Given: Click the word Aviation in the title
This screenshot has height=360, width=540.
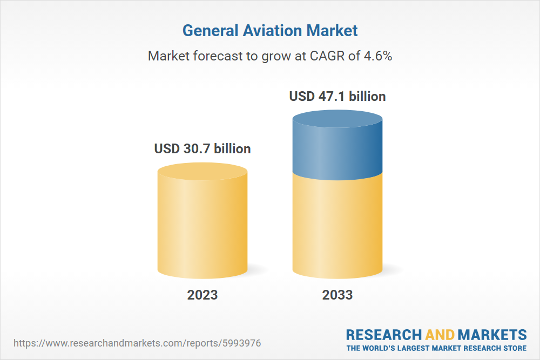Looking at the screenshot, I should tap(275, 30).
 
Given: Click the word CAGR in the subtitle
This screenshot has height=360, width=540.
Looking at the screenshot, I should tap(327, 56).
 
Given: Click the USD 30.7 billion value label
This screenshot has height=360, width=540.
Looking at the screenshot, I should tap(202, 148).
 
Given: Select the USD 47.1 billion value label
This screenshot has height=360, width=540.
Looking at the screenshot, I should tap(337, 97).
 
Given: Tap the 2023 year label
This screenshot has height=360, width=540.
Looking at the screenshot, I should tap(202, 295).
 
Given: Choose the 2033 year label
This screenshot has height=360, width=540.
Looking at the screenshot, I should tap(337, 295).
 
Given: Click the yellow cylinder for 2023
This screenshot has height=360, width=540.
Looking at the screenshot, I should tap(202, 227).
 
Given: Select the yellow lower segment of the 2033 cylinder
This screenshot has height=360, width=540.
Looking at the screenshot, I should tap(337, 227).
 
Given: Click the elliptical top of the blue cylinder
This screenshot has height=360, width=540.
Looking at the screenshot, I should tap(337, 120).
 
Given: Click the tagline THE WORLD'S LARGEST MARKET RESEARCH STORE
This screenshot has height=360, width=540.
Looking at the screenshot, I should tap(436, 348).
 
